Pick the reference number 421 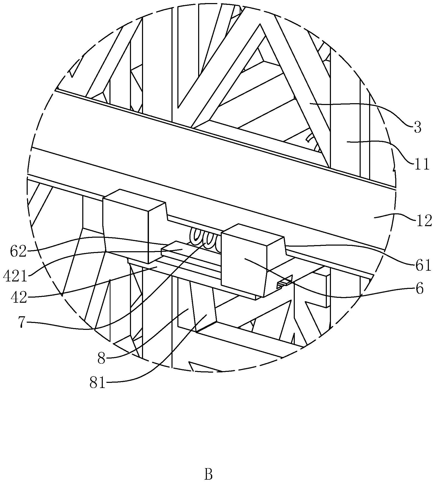coord(15,277)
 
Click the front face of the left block coord(126,230)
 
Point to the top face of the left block coord(135,200)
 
